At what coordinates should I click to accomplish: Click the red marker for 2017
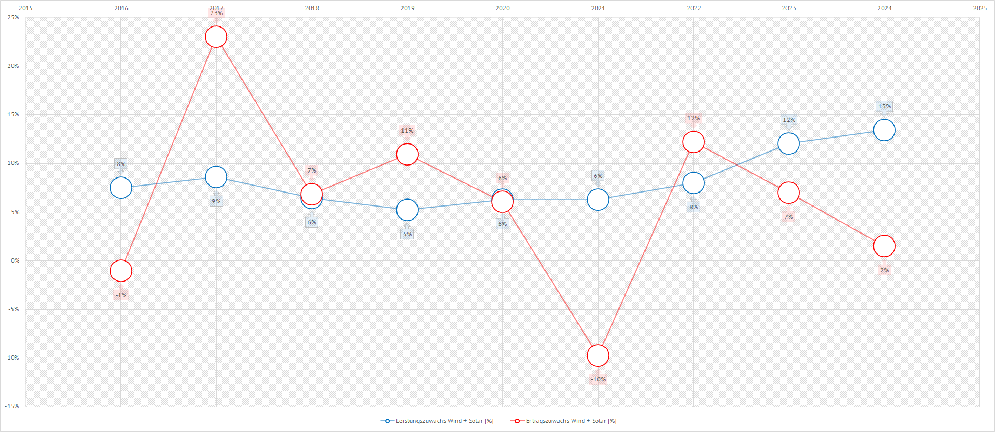(216, 37)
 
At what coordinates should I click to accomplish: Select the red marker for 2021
(598, 355)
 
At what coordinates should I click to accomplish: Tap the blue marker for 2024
(884, 130)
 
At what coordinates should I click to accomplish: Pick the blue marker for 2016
(121, 188)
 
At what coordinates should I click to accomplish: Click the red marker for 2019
(407, 154)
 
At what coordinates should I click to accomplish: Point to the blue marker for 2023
(789, 143)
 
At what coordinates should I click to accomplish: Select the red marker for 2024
(884, 246)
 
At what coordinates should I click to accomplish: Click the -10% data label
(598, 379)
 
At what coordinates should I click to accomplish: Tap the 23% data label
(216, 13)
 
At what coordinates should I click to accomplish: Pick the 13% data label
(884, 106)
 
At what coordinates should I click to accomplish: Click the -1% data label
(121, 295)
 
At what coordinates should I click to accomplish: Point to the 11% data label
(407, 131)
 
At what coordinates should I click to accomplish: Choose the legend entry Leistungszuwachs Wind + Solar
(438, 421)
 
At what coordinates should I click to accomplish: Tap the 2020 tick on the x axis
(502, 8)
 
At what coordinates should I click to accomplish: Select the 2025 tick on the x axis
(980, 8)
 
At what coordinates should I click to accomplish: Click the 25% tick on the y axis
(14, 17)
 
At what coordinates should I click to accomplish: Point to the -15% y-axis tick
(12, 406)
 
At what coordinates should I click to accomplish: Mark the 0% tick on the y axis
(15, 260)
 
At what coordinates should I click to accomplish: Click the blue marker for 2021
(598, 200)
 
